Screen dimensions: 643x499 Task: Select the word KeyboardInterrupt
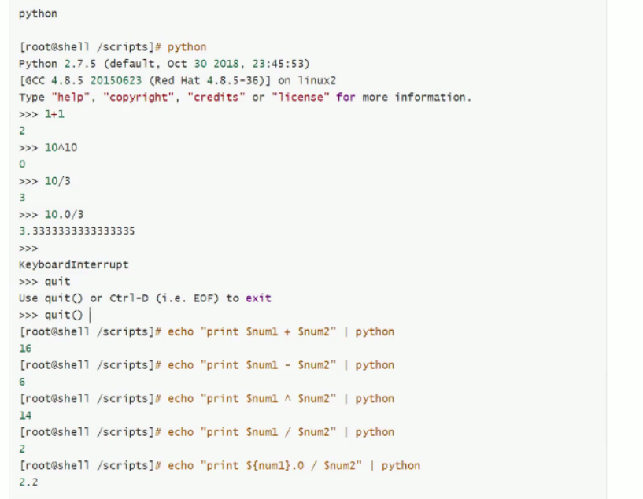click(x=73, y=264)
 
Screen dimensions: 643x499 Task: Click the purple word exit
click(x=259, y=298)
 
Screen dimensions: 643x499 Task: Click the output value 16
click(x=25, y=349)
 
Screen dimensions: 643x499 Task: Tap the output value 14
click(x=25, y=416)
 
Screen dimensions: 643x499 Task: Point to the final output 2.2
click(x=28, y=482)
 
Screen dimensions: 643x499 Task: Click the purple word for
click(x=346, y=98)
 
